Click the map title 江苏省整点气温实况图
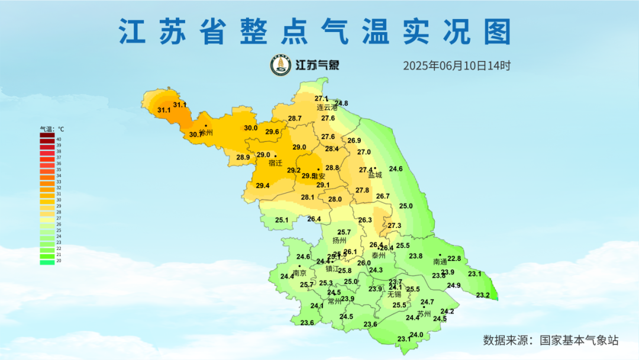click(314, 31)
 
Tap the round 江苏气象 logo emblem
click(281, 65)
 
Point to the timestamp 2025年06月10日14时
click(456, 66)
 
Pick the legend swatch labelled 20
click(47, 261)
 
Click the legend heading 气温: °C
click(52, 128)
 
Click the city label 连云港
click(327, 108)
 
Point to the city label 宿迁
click(275, 163)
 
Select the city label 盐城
click(375, 175)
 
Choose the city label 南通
click(440, 261)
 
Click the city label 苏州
click(424, 314)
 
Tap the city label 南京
click(300, 273)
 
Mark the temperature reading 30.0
click(251, 128)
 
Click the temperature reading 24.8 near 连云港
click(341, 104)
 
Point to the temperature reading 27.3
click(394, 226)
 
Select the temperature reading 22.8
click(454, 259)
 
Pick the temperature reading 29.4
click(263, 186)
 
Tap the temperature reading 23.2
click(483, 295)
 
